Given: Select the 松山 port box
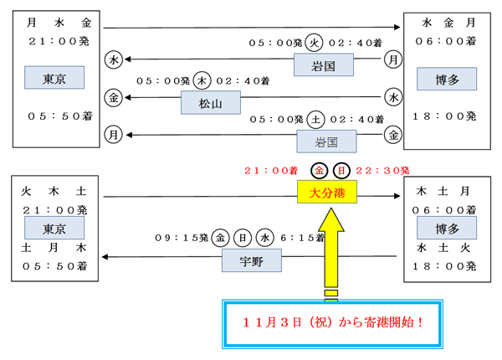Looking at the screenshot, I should [x=210, y=103].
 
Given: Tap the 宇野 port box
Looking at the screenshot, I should [x=251, y=262].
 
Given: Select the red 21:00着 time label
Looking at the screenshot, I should [x=271, y=170].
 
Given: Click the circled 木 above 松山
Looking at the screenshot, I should [x=202, y=80].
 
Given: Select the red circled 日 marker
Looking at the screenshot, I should [x=341, y=171].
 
